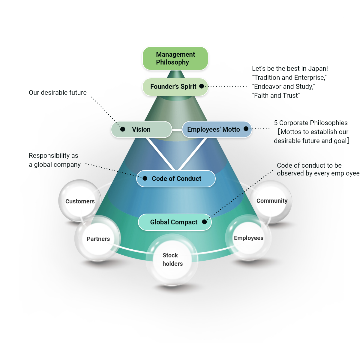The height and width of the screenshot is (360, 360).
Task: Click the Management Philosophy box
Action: pyautogui.click(x=175, y=58)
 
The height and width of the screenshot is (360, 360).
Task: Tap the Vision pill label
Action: pyautogui.click(x=141, y=130)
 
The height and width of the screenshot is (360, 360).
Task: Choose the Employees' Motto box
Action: pyautogui.click(x=217, y=130)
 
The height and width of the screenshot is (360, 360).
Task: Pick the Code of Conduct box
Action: pyautogui.click(x=176, y=178)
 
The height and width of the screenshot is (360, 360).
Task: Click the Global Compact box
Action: pyautogui.click(x=175, y=222)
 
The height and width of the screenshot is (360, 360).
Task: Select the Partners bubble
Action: pyautogui.click(x=98, y=239)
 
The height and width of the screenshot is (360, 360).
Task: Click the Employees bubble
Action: pyautogui.click(x=248, y=238)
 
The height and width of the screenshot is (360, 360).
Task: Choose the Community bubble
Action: pyautogui.click(x=271, y=201)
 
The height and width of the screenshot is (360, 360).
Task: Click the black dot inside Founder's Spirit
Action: pyautogui.click(x=202, y=86)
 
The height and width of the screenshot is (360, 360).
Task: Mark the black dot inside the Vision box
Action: pyautogui.click(x=123, y=129)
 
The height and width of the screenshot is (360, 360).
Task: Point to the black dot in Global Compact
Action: pyautogui.click(x=204, y=222)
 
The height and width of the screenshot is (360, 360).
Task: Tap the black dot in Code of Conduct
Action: pyautogui.click(x=145, y=178)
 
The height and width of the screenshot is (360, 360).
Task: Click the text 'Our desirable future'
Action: pyautogui.click(x=58, y=93)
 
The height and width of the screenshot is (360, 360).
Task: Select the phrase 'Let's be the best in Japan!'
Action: pyautogui.click(x=290, y=69)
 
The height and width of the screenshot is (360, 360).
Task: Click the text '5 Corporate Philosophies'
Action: pyautogui.click(x=310, y=123)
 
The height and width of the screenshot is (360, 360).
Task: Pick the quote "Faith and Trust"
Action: pyautogui.click(x=276, y=96)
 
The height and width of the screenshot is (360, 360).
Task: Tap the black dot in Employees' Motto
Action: pyautogui.click(x=246, y=129)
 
